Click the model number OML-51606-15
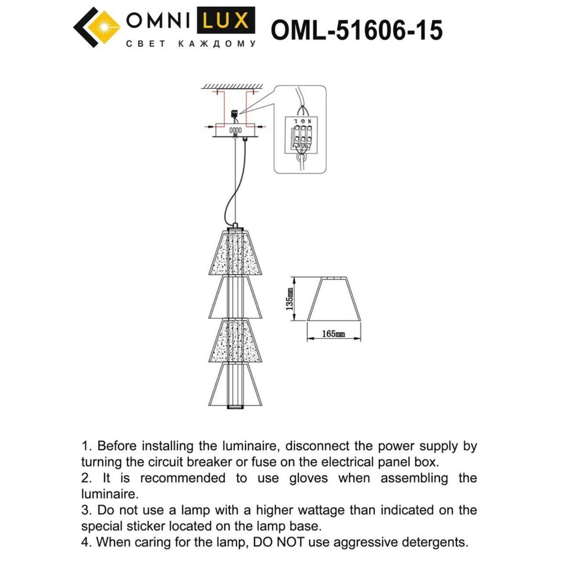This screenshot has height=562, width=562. click(356, 31)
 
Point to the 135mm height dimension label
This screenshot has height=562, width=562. click(289, 299)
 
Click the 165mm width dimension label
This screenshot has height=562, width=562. click(333, 333)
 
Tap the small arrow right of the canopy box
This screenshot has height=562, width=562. click(262, 129)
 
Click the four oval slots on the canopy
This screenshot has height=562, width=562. click(235, 130)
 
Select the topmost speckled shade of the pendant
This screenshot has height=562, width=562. click(234, 253)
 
